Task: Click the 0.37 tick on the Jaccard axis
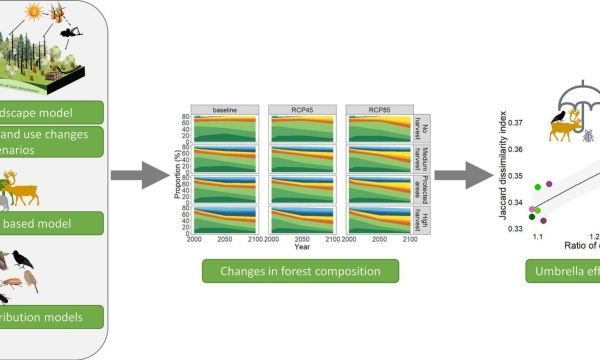[x=518, y=123]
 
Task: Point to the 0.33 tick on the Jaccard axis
[x=518, y=228]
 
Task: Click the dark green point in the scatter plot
[x=533, y=216]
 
